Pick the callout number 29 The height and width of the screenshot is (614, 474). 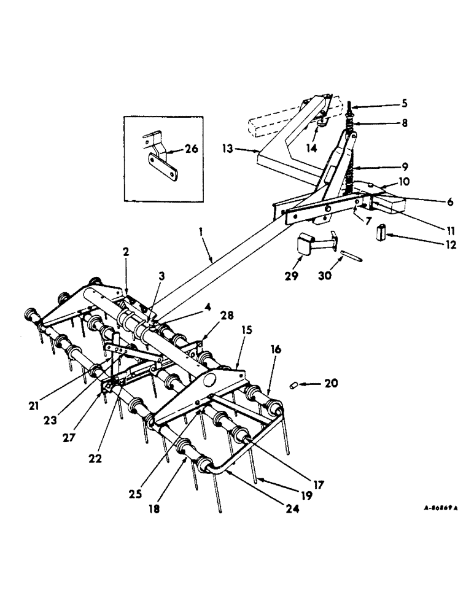pyautogui.click(x=292, y=276)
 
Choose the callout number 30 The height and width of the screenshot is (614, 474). pyautogui.click(x=325, y=276)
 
